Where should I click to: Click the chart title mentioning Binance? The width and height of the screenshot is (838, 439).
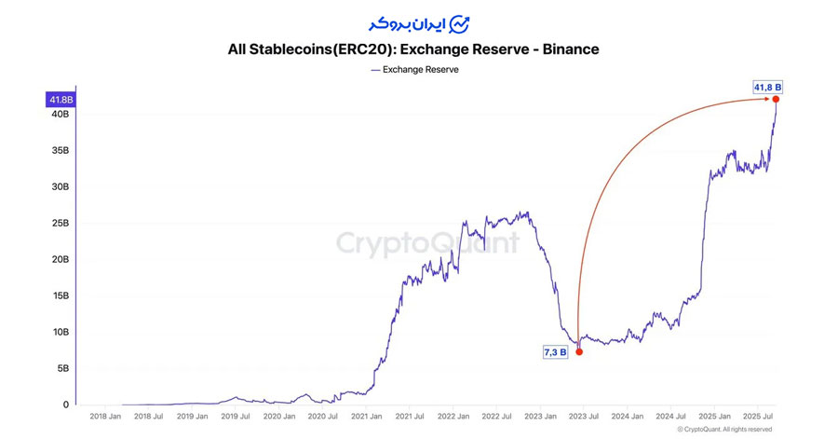point(412,48)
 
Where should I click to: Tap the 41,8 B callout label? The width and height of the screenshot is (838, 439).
point(768,87)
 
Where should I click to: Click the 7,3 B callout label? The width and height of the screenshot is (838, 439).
point(555,352)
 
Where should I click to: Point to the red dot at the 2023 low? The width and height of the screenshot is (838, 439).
point(578,351)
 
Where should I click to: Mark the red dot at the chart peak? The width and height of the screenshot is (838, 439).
point(777,99)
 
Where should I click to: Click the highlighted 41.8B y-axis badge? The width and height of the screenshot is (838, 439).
point(62,99)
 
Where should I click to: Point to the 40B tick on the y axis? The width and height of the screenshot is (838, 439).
point(60,114)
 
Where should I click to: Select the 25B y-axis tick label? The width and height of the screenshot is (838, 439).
point(60,223)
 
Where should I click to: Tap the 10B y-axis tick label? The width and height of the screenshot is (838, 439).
point(60,332)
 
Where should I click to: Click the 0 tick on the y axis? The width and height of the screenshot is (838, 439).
point(66,405)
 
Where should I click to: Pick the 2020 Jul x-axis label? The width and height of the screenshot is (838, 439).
point(323,417)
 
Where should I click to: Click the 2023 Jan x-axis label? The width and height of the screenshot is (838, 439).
point(539,417)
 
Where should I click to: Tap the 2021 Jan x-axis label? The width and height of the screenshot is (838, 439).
point(367,417)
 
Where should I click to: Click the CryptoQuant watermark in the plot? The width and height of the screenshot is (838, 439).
point(427,243)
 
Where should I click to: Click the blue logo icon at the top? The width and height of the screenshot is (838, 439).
point(460,22)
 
